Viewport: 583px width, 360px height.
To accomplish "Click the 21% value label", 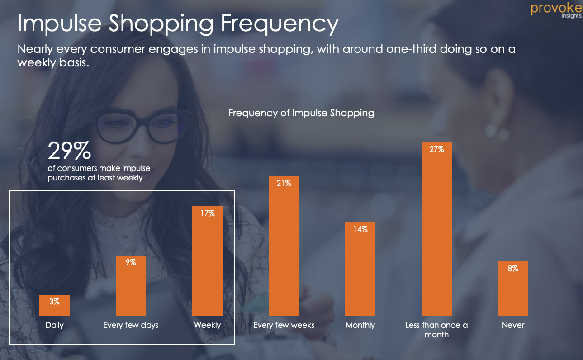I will coord(284,183).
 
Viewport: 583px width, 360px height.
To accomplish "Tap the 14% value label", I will coord(360,229).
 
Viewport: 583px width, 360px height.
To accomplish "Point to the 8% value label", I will coord(513,269).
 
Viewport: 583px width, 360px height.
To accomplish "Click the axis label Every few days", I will coord(131,325).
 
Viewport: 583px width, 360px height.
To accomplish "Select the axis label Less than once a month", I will coord(436,330).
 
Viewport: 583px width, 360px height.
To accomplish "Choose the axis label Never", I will coord(513,325).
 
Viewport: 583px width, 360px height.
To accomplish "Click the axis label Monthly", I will coord(360,325).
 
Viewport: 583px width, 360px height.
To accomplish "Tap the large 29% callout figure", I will coord(69,151).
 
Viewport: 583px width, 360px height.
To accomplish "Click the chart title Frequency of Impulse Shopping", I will coord(301,113).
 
